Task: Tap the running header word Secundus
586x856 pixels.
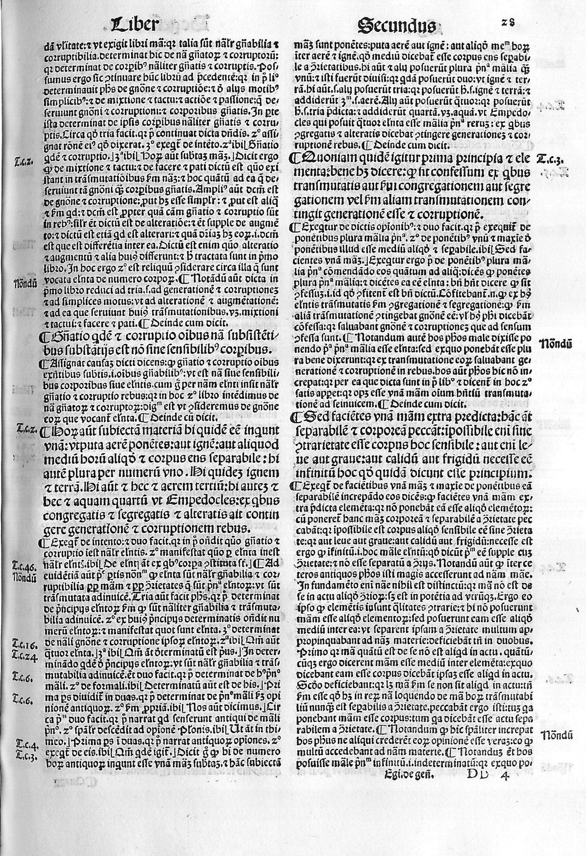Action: click(397, 26)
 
